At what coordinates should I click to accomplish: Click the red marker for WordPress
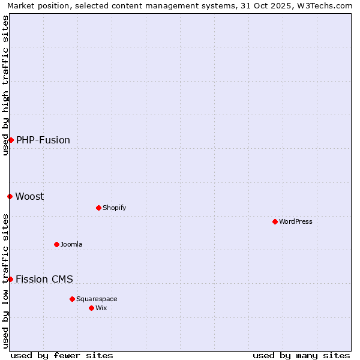(x=275, y=221)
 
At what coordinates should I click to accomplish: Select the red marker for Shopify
(x=98, y=208)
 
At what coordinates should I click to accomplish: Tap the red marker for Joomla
(x=57, y=244)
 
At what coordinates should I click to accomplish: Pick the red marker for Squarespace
(x=72, y=299)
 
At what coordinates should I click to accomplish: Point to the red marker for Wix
(x=91, y=308)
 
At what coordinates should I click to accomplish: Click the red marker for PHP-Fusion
(x=11, y=140)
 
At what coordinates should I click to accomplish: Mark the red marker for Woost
(x=10, y=196)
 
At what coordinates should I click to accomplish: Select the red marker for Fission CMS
(x=10, y=279)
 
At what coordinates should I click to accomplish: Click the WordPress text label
(x=296, y=221)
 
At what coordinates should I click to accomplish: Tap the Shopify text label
(x=114, y=208)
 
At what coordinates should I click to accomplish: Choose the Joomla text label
(x=71, y=244)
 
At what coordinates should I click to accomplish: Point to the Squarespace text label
(x=97, y=299)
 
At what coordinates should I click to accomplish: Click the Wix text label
(x=101, y=308)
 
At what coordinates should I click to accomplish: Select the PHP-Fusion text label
(x=43, y=140)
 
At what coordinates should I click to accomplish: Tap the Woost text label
(x=29, y=196)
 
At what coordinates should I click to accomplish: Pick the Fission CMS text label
(x=44, y=279)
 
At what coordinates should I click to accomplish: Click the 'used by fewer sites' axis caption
(x=62, y=355)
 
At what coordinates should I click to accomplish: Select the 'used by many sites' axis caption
(x=301, y=355)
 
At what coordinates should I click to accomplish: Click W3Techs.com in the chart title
(x=326, y=6)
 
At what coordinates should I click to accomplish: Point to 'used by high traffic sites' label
(x=5, y=85)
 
